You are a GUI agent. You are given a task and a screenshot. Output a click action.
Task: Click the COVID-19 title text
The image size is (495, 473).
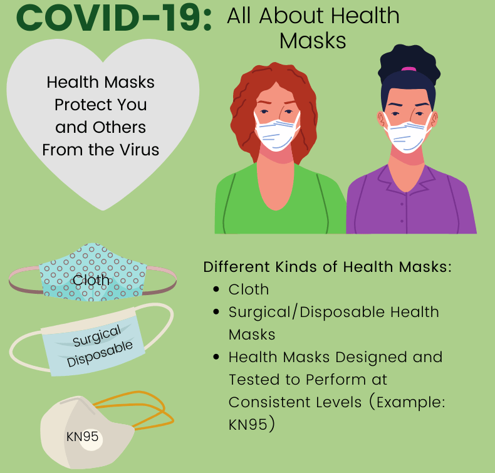pyautogui.click(x=114, y=18)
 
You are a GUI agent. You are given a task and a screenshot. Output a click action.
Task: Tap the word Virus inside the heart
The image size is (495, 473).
pyautogui.click(x=139, y=150)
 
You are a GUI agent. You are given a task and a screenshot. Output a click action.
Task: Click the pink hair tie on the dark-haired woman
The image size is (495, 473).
pyautogui.click(x=409, y=69)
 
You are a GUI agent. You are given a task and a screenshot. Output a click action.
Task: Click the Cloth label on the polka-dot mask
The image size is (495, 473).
pyautogui.click(x=91, y=280)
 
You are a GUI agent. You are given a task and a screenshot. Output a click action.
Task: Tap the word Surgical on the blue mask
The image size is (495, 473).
pyautogui.click(x=96, y=335)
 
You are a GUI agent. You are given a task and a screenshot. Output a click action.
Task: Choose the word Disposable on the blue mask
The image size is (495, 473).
pyautogui.click(x=100, y=354)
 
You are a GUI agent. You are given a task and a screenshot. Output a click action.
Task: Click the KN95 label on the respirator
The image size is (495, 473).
pyautogui.click(x=82, y=437)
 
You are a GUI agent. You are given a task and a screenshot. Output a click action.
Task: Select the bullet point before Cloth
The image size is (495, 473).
pyautogui.click(x=216, y=289)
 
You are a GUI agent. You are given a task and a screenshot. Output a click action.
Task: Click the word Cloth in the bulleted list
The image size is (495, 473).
pyautogui.click(x=249, y=289)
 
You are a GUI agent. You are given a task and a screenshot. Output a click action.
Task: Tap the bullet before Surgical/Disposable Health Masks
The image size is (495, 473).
pyautogui.click(x=216, y=312)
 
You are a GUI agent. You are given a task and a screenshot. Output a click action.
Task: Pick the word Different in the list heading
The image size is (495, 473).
pyautogui.click(x=237, y=267)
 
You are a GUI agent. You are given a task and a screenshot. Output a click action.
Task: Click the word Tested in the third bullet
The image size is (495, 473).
pyautogui.click(x=254, y=380)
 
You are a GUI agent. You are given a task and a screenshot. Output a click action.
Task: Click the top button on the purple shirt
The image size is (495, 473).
pyautogui.click(x=402, y=204)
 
